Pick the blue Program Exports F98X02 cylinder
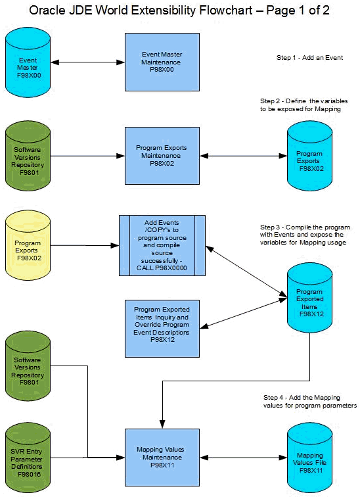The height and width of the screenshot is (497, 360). point(309,157)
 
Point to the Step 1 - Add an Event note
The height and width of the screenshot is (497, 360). point(309,59)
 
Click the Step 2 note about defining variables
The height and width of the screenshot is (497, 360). point(304,105)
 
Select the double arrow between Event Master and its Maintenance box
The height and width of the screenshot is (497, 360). point(90,62)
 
